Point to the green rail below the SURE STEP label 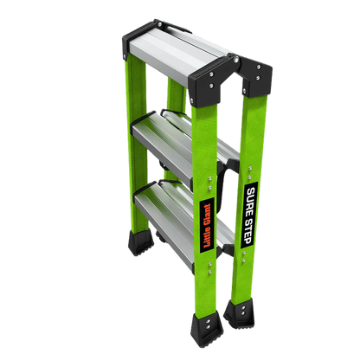click(x=243, y=273)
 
